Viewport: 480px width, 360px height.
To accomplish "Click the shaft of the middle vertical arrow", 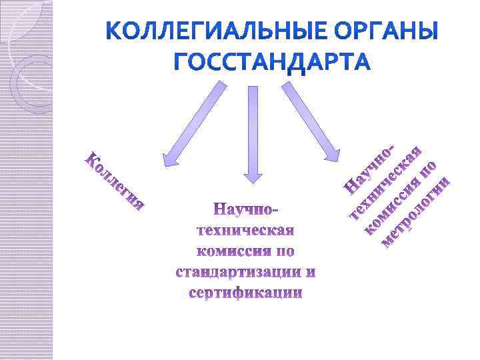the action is pos(253,127).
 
